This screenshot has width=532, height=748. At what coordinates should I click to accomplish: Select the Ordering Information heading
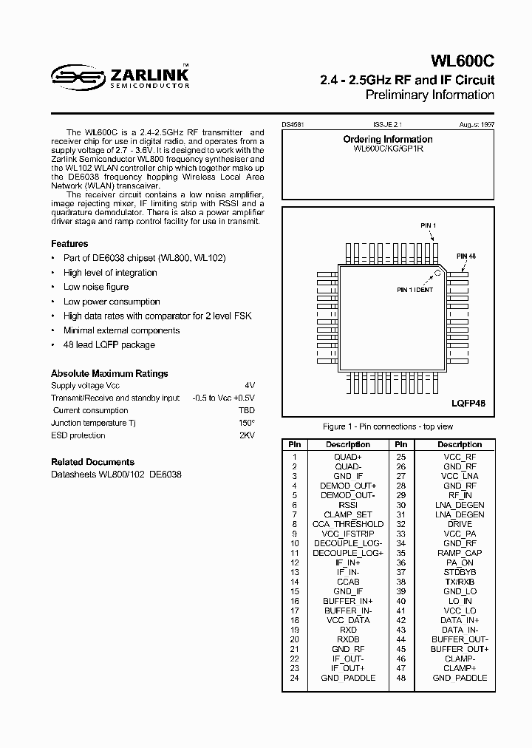[388, 139]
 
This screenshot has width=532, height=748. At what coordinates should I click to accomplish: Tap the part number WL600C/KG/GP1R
[388, 149]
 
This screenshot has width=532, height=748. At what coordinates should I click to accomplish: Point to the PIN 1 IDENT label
[415, 289]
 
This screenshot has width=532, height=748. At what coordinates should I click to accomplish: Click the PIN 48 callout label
[465, 256]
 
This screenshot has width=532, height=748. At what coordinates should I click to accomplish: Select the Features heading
[69, 243]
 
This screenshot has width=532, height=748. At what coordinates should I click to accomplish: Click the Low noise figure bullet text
[96, 287]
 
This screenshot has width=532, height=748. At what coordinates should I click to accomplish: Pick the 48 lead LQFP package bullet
[109, 344]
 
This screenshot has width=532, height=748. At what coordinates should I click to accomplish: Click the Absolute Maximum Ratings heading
[109, 373]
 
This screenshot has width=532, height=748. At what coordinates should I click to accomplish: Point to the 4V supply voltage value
[250, 386]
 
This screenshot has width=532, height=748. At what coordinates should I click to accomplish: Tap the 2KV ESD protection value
[247, 435]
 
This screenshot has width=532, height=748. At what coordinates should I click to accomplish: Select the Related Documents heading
[92, 461]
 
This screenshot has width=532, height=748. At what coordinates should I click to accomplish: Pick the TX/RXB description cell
[460, 582]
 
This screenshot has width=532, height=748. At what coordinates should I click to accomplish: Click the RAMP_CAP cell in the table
[460, 553]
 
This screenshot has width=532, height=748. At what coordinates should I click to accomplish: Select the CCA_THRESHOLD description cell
[348, 524]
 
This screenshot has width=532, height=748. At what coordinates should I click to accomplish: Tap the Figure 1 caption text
[388, 426]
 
